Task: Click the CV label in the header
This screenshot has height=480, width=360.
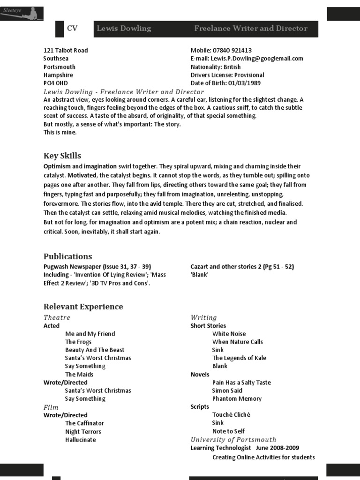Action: coord(72,29)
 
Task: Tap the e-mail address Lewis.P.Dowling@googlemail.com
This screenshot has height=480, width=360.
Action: coord(257,59)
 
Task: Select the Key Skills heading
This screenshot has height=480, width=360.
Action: coord(62,156)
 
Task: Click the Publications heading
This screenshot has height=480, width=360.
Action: coord(67,256)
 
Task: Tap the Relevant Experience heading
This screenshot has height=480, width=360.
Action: coord(83,307)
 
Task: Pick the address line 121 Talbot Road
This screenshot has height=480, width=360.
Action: coord(66,51)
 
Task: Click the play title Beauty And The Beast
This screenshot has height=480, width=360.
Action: coord(95,350)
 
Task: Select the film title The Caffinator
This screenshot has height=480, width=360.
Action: coord(84,423)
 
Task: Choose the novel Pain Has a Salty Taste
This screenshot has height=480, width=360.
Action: coord(241,382)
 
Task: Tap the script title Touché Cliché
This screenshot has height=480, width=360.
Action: coord(231,415)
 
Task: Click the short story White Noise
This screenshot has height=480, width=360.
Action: coord(229,334)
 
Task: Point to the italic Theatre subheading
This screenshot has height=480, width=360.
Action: coord(57,317)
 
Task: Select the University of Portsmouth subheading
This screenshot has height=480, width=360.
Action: coord(233,440)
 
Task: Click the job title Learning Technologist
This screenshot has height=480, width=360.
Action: coord(220,448)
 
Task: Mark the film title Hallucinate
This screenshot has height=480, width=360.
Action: coord(80,440)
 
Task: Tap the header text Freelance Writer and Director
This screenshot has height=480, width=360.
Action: coord(251,29)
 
